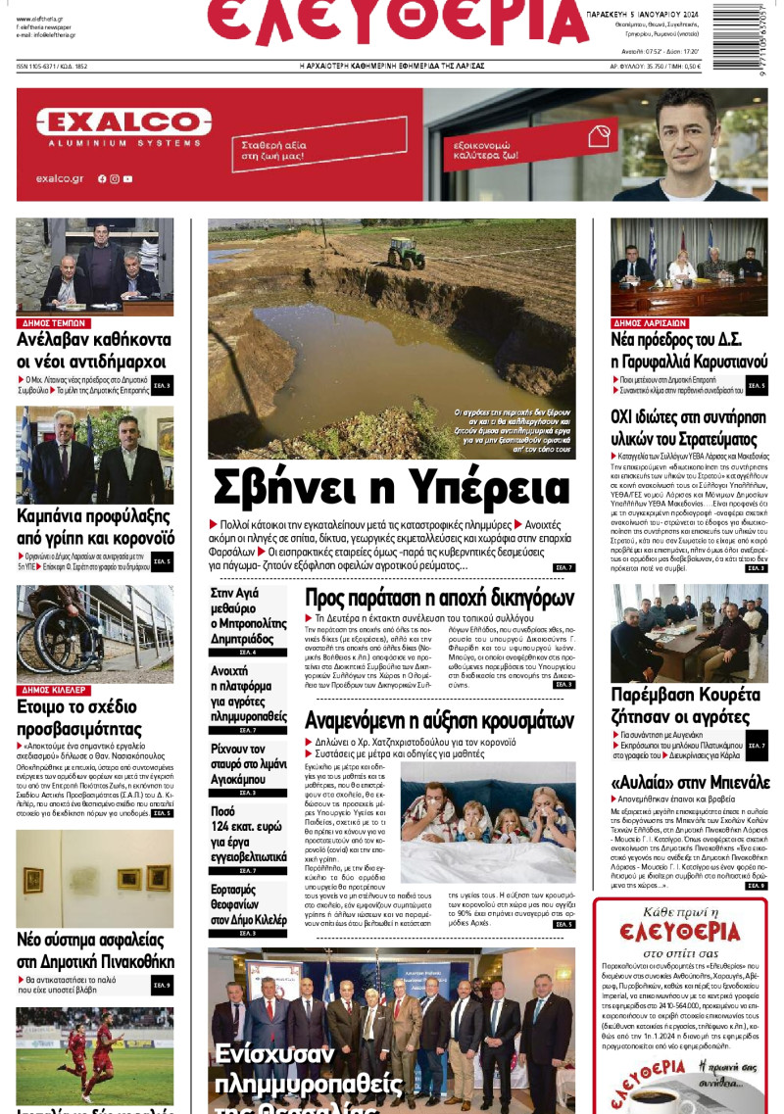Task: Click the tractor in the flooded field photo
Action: tap(406, 252)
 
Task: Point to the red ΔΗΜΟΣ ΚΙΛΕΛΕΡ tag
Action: tap(56, 690)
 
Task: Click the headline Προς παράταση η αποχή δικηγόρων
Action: tap(439, 599)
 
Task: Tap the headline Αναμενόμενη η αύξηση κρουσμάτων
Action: tap(439, 719)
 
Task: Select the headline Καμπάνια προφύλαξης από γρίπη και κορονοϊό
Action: tap(95, 526)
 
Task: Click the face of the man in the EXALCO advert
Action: tap(687, 125)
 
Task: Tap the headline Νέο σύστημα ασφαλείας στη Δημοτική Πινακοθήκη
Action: tap(95, 949)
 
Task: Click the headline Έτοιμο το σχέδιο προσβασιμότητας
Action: tap(78, 718)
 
